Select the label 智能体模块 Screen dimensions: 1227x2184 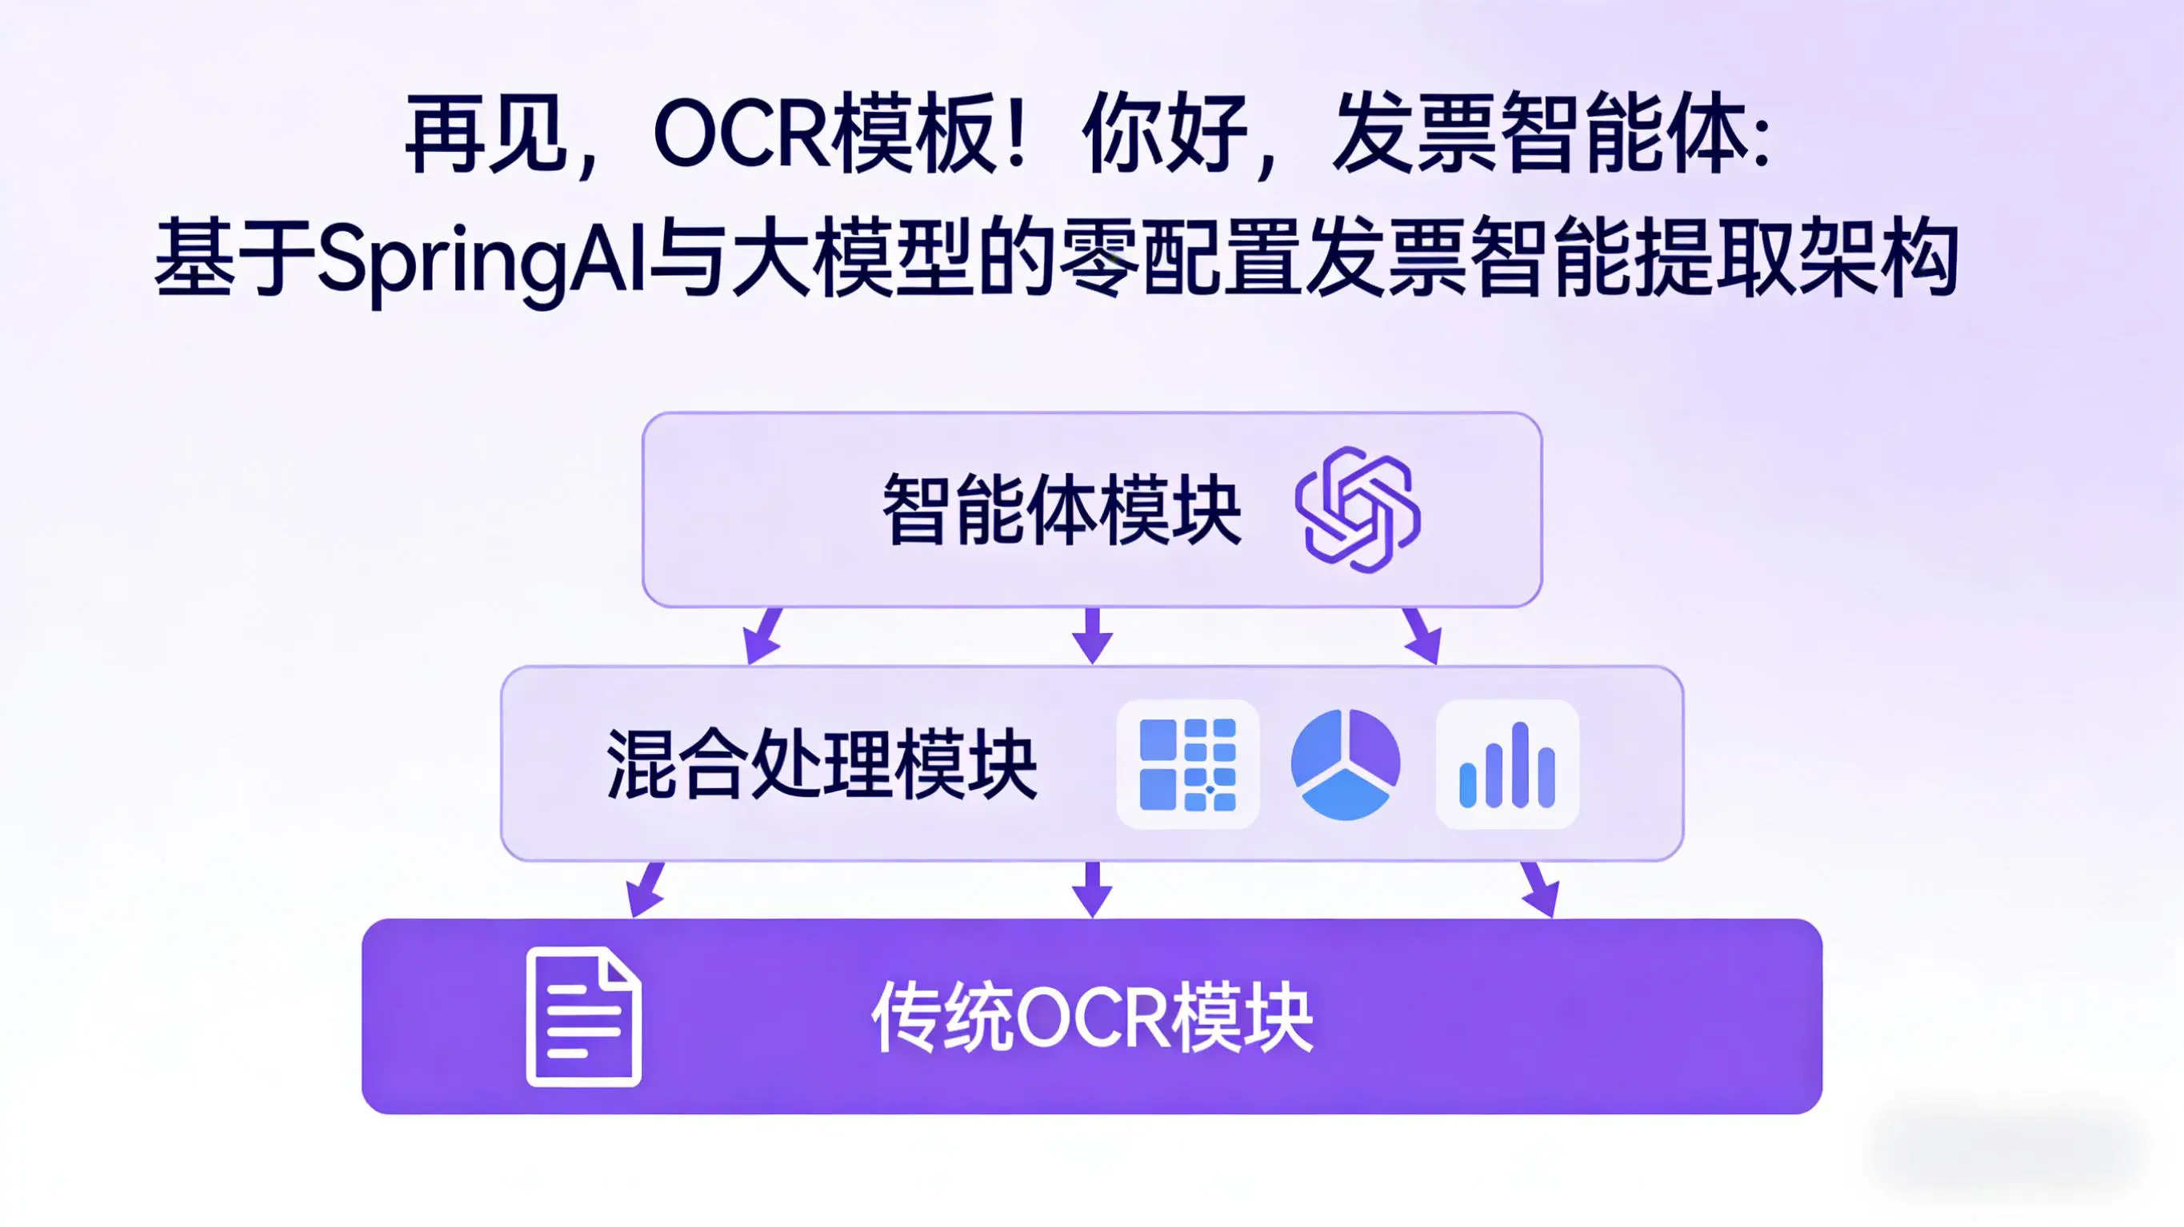pyautogui.click(x=1062, y=509)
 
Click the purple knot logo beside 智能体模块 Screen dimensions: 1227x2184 pyautogui.click(x=1358, y=509)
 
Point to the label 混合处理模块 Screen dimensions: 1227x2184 pyautogui.click(x=822, y=764)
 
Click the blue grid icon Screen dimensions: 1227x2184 pyautogui.click(x=1187, y=764)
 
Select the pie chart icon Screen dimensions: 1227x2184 pyautogui.click(x=1345, y=764)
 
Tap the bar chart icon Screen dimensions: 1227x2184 pyautogui.click(x=1506, y=764)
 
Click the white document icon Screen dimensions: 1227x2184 pyautogui.click(x=583, y=1016)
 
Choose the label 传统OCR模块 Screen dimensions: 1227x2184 pyautogui.click(x=1092, y=1018)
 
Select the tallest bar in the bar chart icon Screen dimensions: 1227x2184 pyautogui.click(x=1520, y=764)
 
